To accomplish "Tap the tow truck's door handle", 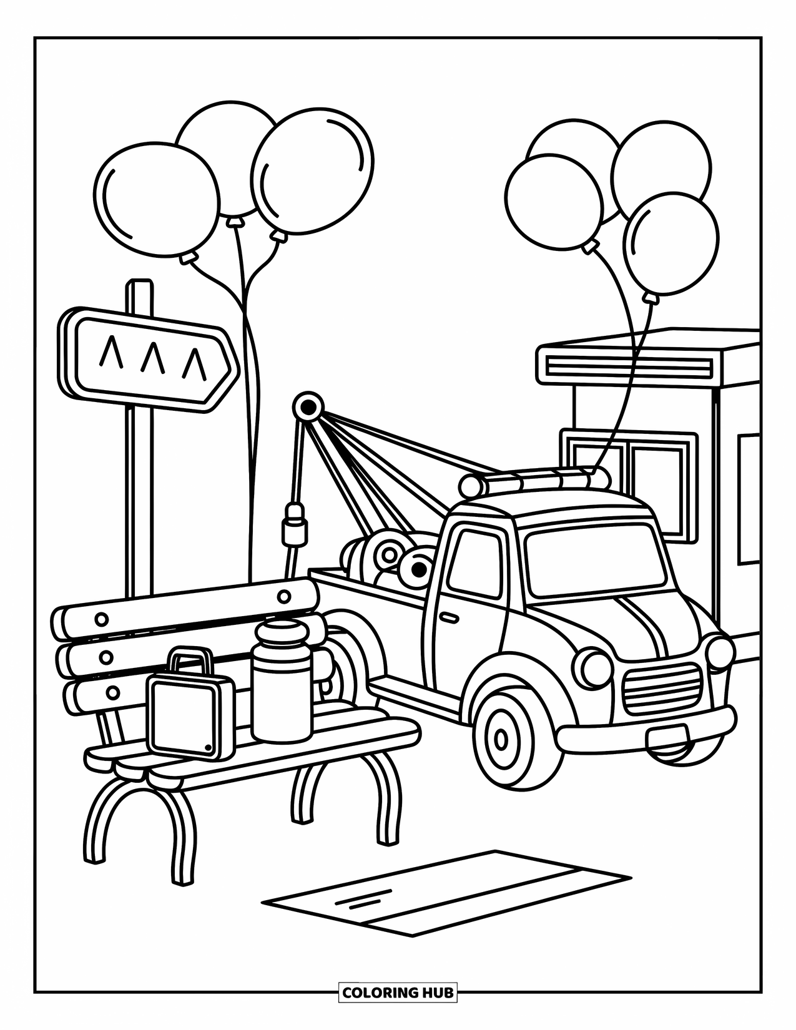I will pos(448,617).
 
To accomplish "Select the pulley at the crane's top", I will pos(307,408).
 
